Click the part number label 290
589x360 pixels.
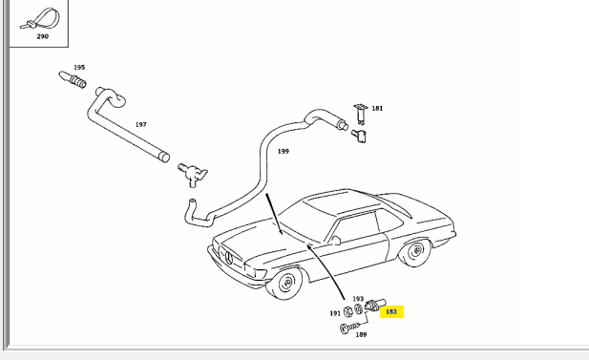(42, 36)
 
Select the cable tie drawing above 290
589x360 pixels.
(40, 19)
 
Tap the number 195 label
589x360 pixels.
(79, 67)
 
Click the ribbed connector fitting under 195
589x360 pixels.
(73, 79)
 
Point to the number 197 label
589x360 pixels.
(141, 124)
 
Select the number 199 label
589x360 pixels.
(284, 151)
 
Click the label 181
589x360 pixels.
(377, 108)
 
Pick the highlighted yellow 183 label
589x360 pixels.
(391, 311)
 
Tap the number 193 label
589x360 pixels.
(358, 299)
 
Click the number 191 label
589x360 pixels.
(335, 313)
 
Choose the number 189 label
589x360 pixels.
(361, 334)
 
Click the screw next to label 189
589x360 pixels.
(350, 328)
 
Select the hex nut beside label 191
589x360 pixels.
(348, 311)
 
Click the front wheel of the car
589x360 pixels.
(284, 283)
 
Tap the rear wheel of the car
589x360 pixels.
(415, 252)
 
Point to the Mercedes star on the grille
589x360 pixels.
(229, 259)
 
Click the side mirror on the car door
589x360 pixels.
(334, 241)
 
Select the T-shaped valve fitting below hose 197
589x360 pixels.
(193, 175)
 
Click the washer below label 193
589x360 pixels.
(358, 308)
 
